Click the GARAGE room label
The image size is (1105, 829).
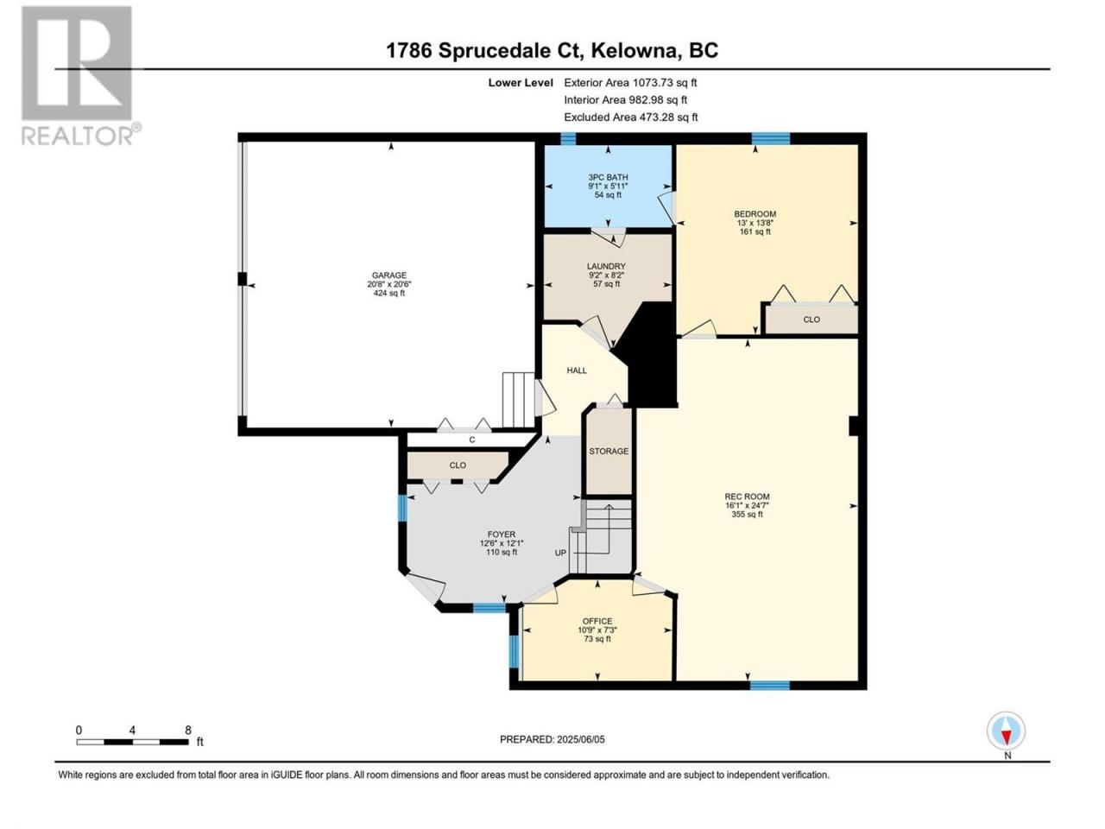pos(388,275)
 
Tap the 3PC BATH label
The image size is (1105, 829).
pos(608,177)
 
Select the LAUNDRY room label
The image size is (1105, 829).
pos(606,266)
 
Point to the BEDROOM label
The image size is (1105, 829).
pos(755,214)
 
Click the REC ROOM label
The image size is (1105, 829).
pos(747,497)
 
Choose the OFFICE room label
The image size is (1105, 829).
pos(597,621)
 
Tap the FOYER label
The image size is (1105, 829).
pos(502,535)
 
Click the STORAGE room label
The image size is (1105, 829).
pos(609,451)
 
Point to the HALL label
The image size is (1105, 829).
pos(577,370)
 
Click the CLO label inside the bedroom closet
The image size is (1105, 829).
pos(811,320)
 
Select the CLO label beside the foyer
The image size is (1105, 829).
pos(458,465)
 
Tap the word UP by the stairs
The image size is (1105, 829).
pos(560,553)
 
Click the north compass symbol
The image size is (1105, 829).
pos(1006,731)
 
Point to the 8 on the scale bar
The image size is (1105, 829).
pos(188,730)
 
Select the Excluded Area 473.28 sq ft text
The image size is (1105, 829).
pos(631,117)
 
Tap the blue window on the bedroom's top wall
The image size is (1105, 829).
pos(771,138)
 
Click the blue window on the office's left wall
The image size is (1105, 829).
pos(514,651)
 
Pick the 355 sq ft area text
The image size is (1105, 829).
pos(747,515)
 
